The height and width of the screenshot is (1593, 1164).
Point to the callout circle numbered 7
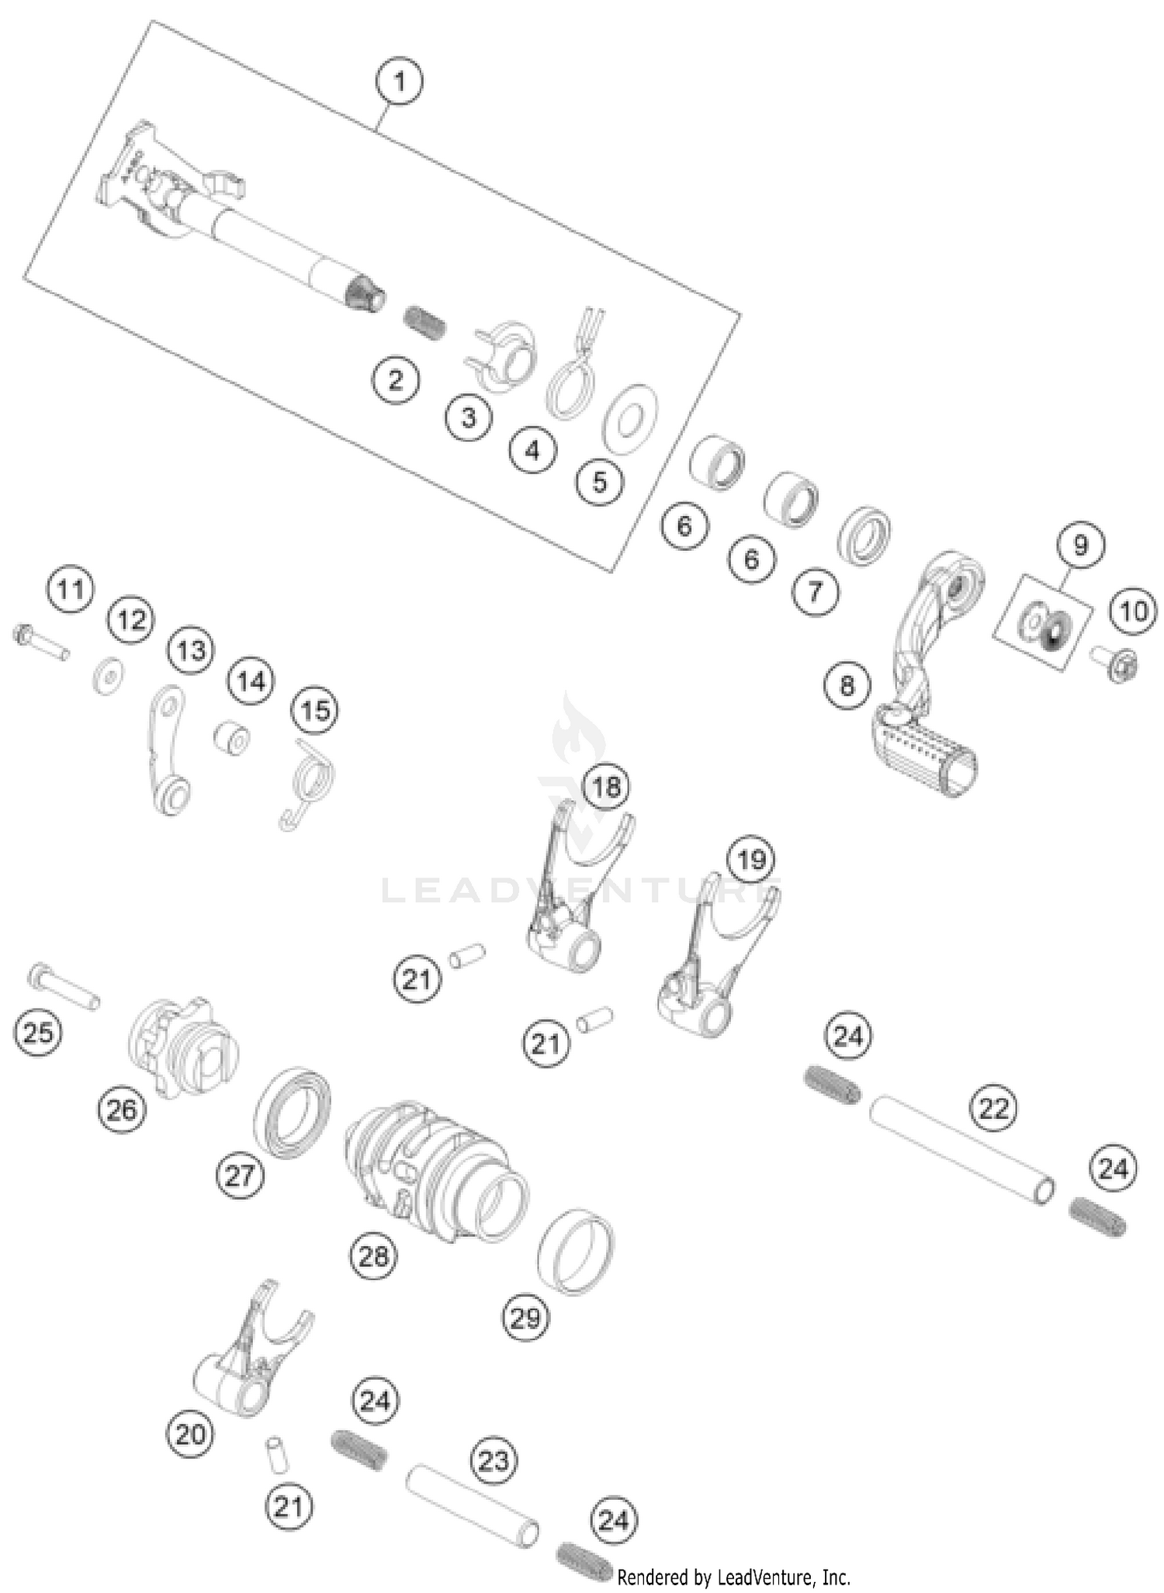(815, 593)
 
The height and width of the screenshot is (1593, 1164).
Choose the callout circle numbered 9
(1080, 545)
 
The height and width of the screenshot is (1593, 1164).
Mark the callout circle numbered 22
(994, 1108)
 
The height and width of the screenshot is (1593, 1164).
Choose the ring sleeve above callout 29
(576, 1250)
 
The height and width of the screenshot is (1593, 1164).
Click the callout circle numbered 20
(190, 1433)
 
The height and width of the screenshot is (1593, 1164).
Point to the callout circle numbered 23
(494, 1460)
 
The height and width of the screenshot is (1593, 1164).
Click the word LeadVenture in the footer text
(756, 1577)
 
